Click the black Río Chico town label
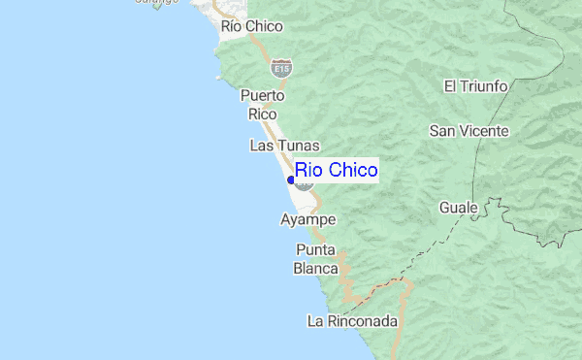pos(251,26)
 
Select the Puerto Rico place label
pos(262,105)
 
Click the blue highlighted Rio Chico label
pos(336,171)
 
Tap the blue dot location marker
pos(291,180)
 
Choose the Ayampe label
pos(307,220)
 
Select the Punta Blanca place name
pos(317,259)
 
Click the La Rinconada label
pos(352,321)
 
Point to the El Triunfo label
pos(476,86)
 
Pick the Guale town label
pos(459,208)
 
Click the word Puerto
pos(262,96)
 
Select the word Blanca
pos(317,268)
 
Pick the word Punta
pos(317,250)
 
